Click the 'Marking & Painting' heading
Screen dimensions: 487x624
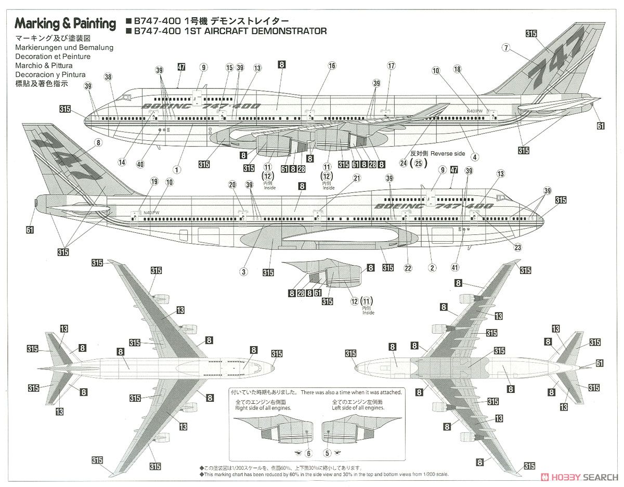click(65, 23)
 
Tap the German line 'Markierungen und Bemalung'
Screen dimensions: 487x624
click(64, 47)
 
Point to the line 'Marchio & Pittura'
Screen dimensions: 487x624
click(44, 65)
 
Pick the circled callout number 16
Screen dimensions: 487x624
click(332, 65)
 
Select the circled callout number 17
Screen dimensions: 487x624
click(392, 65)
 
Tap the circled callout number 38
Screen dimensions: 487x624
click(108, 77)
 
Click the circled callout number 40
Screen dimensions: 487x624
click(140, 164)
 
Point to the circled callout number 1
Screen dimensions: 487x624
click(177, 169)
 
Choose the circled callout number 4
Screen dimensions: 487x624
click(474, 156)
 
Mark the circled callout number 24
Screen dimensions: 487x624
click(402, 163)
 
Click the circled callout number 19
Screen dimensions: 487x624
click(154, 181)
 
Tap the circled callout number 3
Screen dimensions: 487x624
click(242, 271)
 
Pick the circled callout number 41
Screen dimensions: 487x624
click(455, 268)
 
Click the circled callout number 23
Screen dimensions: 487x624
click(517, 247)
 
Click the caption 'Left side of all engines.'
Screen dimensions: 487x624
click(358, 408)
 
